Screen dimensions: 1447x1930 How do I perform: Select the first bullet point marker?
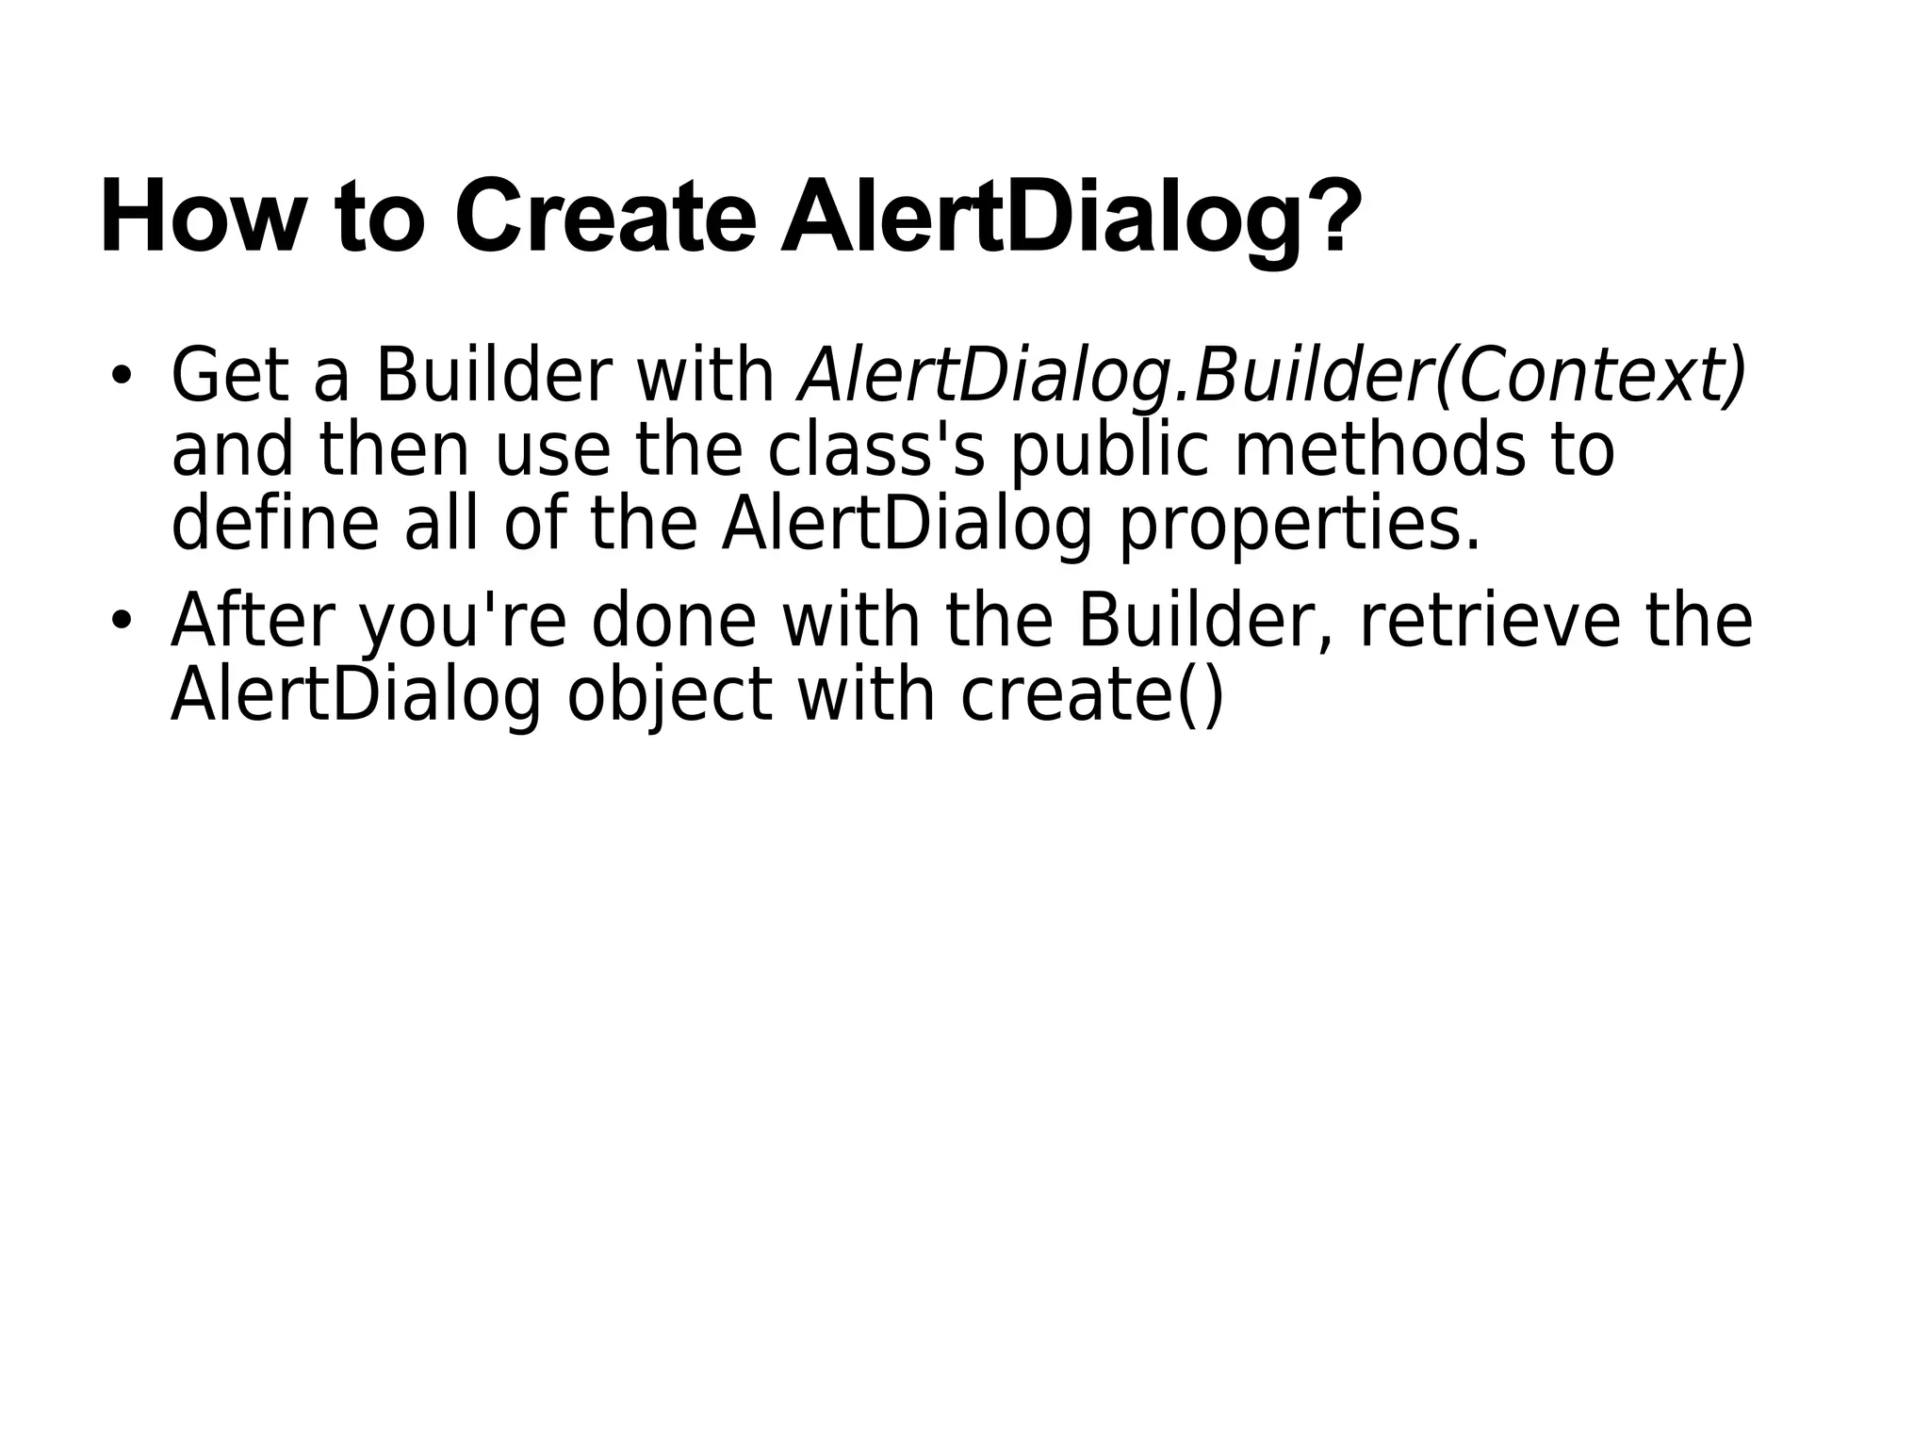[120, 375]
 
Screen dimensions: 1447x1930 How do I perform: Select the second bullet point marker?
[120, 621]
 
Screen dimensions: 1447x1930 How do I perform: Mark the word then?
[394, 450]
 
